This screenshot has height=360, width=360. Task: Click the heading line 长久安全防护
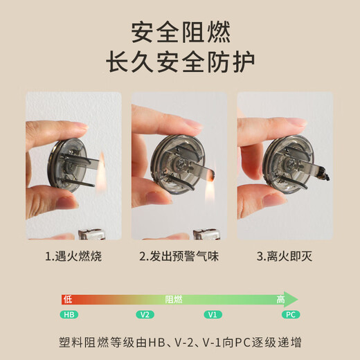click(x=180, y=62)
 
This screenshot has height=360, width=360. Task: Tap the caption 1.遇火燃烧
click(x=73, y=257)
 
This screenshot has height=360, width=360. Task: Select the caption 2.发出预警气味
click(x=179, y=257)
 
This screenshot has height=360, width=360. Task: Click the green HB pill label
click(x=69, y=314)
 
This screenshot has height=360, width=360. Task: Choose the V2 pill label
click(x=145, y=314)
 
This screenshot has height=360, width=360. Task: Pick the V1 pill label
click(x=213, y=314)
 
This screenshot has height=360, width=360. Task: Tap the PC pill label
click(x=291, y=314)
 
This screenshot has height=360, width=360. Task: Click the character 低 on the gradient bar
click(x=68, y=299)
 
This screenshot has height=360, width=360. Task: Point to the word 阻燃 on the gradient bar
click(x=174, y=299)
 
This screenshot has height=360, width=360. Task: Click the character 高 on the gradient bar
click(x=280, y=299)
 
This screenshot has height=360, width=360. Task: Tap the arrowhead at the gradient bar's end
click(x=293, y=299)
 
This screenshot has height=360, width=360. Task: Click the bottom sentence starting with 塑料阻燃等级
click(x=180, y=343)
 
